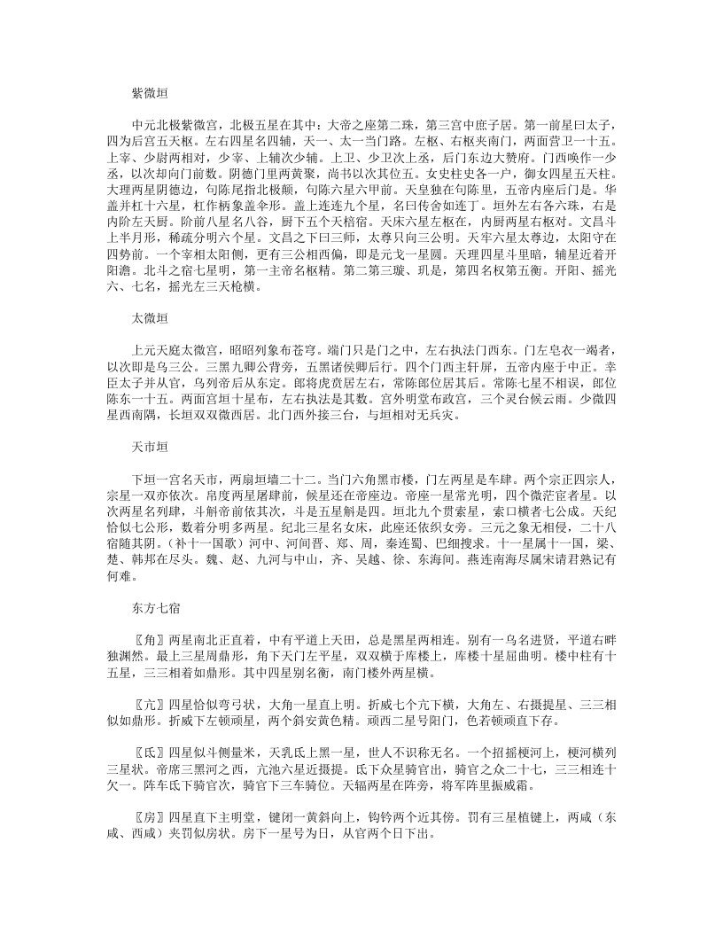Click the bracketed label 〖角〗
click(x=146, y=662)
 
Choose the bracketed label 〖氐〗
click(x=146, y=797)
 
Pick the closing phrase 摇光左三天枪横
click(x=221, y=287)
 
